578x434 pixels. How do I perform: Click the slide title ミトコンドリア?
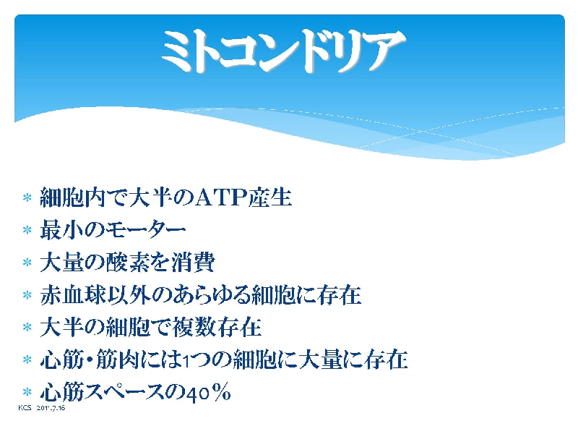click(283, 51)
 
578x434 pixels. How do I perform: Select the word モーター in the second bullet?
click(146, 230)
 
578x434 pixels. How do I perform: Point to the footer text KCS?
click(25, 408)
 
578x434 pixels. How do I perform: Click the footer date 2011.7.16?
click(51, 408)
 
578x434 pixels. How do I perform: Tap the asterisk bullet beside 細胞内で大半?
click(27, 197)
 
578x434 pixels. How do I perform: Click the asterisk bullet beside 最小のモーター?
click(27, 230)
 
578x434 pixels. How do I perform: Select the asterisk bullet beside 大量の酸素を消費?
click(27, 263)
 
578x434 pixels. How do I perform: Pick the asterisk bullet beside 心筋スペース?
click(27, 391)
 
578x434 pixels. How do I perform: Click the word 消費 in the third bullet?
click(193, 263)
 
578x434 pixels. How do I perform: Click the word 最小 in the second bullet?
click(61, 230)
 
